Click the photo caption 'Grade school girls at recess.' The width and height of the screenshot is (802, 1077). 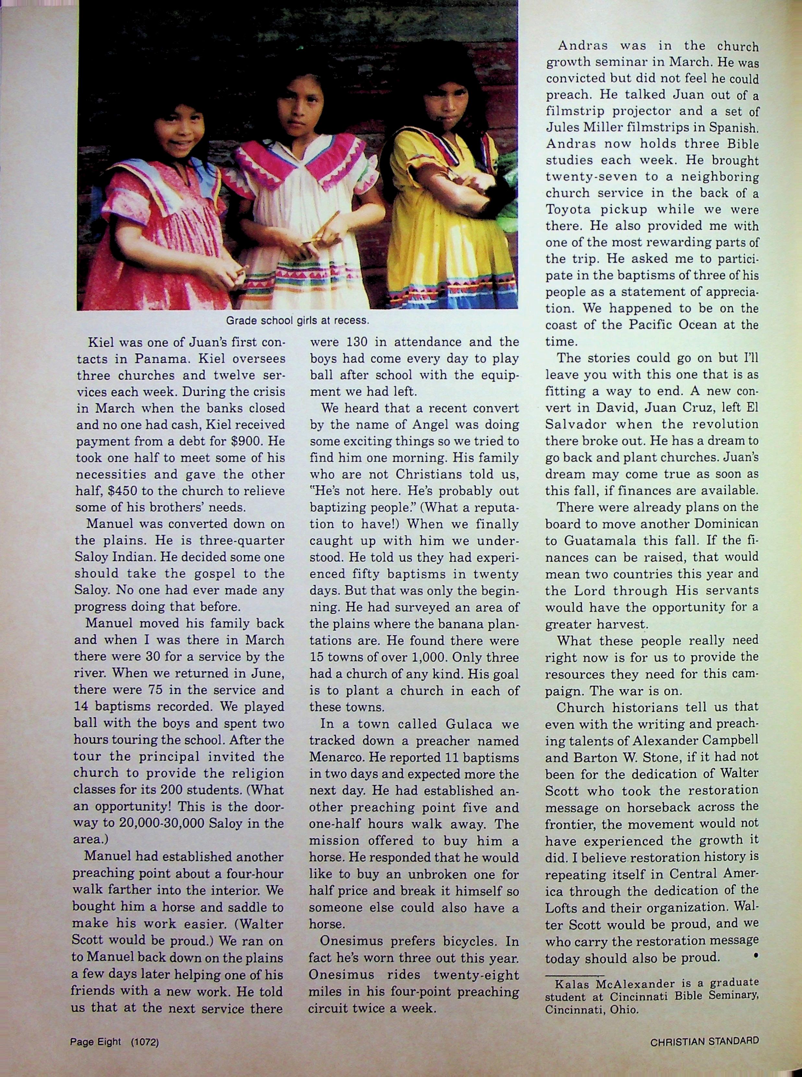point(298,321)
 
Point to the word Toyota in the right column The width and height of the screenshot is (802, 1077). point(569,210)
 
